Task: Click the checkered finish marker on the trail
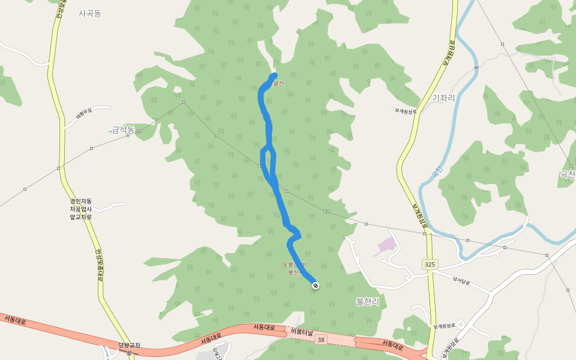pos(316,286)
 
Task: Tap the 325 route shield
pos(430,264)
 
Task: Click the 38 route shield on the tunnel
pos(322,340)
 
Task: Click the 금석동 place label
pos(123,130)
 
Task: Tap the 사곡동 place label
pos(90,13)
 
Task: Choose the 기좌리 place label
pos(443,98)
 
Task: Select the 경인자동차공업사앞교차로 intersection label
pos(80,209)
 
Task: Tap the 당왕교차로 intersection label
pos(129,348)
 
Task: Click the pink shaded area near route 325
pos(386,246)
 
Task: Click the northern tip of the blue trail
pos(275,74)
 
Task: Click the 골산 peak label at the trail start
pos(277,83)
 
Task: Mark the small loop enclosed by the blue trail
pos(267,159)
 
